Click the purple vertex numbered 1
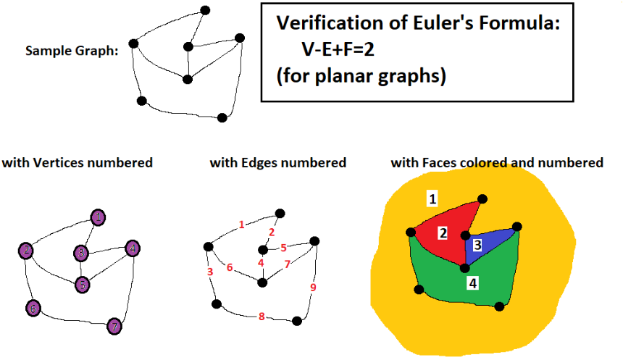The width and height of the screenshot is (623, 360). [99, 217]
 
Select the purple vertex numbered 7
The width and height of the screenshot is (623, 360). [114, 326]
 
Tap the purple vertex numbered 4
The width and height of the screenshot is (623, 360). [132, 248]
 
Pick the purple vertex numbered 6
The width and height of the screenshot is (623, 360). [33, 308]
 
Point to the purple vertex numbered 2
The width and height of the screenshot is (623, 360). [26, 251]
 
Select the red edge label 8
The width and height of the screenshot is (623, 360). [261, 316]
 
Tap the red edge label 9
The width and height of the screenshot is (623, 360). [313, 287]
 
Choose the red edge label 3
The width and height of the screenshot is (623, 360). [209, 272]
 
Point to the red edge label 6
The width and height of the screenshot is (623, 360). [229, 267]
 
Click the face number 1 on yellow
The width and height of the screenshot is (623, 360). [432, 198]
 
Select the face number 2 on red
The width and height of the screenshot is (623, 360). [441, 233]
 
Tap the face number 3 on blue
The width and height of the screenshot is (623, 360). [477, 245]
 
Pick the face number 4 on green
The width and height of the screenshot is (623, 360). [472, 283]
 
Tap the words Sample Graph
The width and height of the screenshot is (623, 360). [72, 51]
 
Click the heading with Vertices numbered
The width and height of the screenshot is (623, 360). [78, 163]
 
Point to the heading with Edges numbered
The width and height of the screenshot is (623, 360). [278, 163]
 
